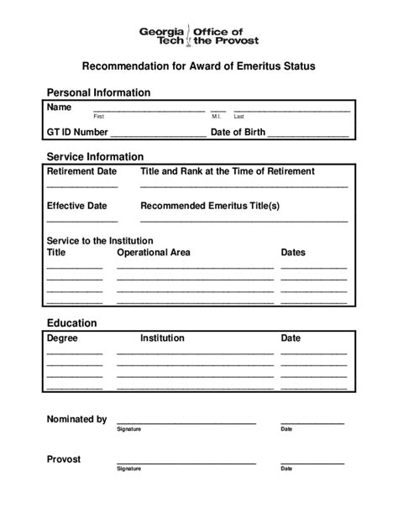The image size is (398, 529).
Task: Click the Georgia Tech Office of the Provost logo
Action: pos(198,35)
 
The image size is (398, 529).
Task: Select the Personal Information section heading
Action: pos(98,92)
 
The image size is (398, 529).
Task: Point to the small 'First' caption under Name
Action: pos(98,116)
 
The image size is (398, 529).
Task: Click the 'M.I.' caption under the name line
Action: pos(216,116)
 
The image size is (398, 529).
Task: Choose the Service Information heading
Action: pos(95,156)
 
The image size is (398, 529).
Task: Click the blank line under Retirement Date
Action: pos(82,186)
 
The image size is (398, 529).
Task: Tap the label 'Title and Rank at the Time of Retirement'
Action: pos(228,171)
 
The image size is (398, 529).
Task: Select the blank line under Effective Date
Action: pos(82,219)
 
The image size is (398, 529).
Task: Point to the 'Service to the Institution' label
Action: pos(100,240)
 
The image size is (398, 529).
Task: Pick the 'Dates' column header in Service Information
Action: pos(293,252)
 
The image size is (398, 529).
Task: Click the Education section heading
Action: pos(71,322)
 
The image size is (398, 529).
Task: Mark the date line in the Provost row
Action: pos(312,463)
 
